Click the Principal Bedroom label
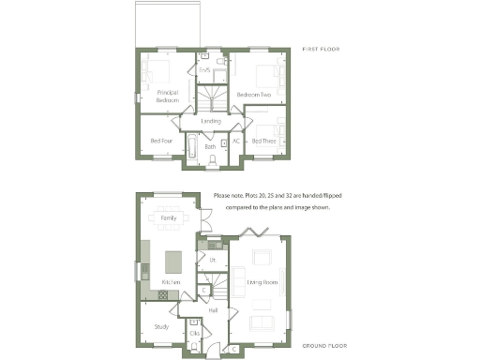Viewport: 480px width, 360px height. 168,95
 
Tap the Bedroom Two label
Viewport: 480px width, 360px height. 254,95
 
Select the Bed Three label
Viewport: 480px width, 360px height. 263,141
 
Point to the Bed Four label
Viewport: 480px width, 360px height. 160,141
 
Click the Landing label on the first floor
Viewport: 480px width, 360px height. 211,121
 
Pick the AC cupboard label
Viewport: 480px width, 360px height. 236,141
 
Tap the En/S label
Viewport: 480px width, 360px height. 204,69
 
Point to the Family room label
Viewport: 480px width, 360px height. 169,217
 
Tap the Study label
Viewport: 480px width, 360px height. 161,326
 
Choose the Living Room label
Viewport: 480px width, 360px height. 261,281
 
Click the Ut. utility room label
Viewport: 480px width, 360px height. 213,259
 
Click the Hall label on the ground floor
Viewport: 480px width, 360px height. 213,309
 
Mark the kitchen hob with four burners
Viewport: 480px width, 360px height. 162,294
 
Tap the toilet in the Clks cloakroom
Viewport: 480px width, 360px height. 193,346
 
